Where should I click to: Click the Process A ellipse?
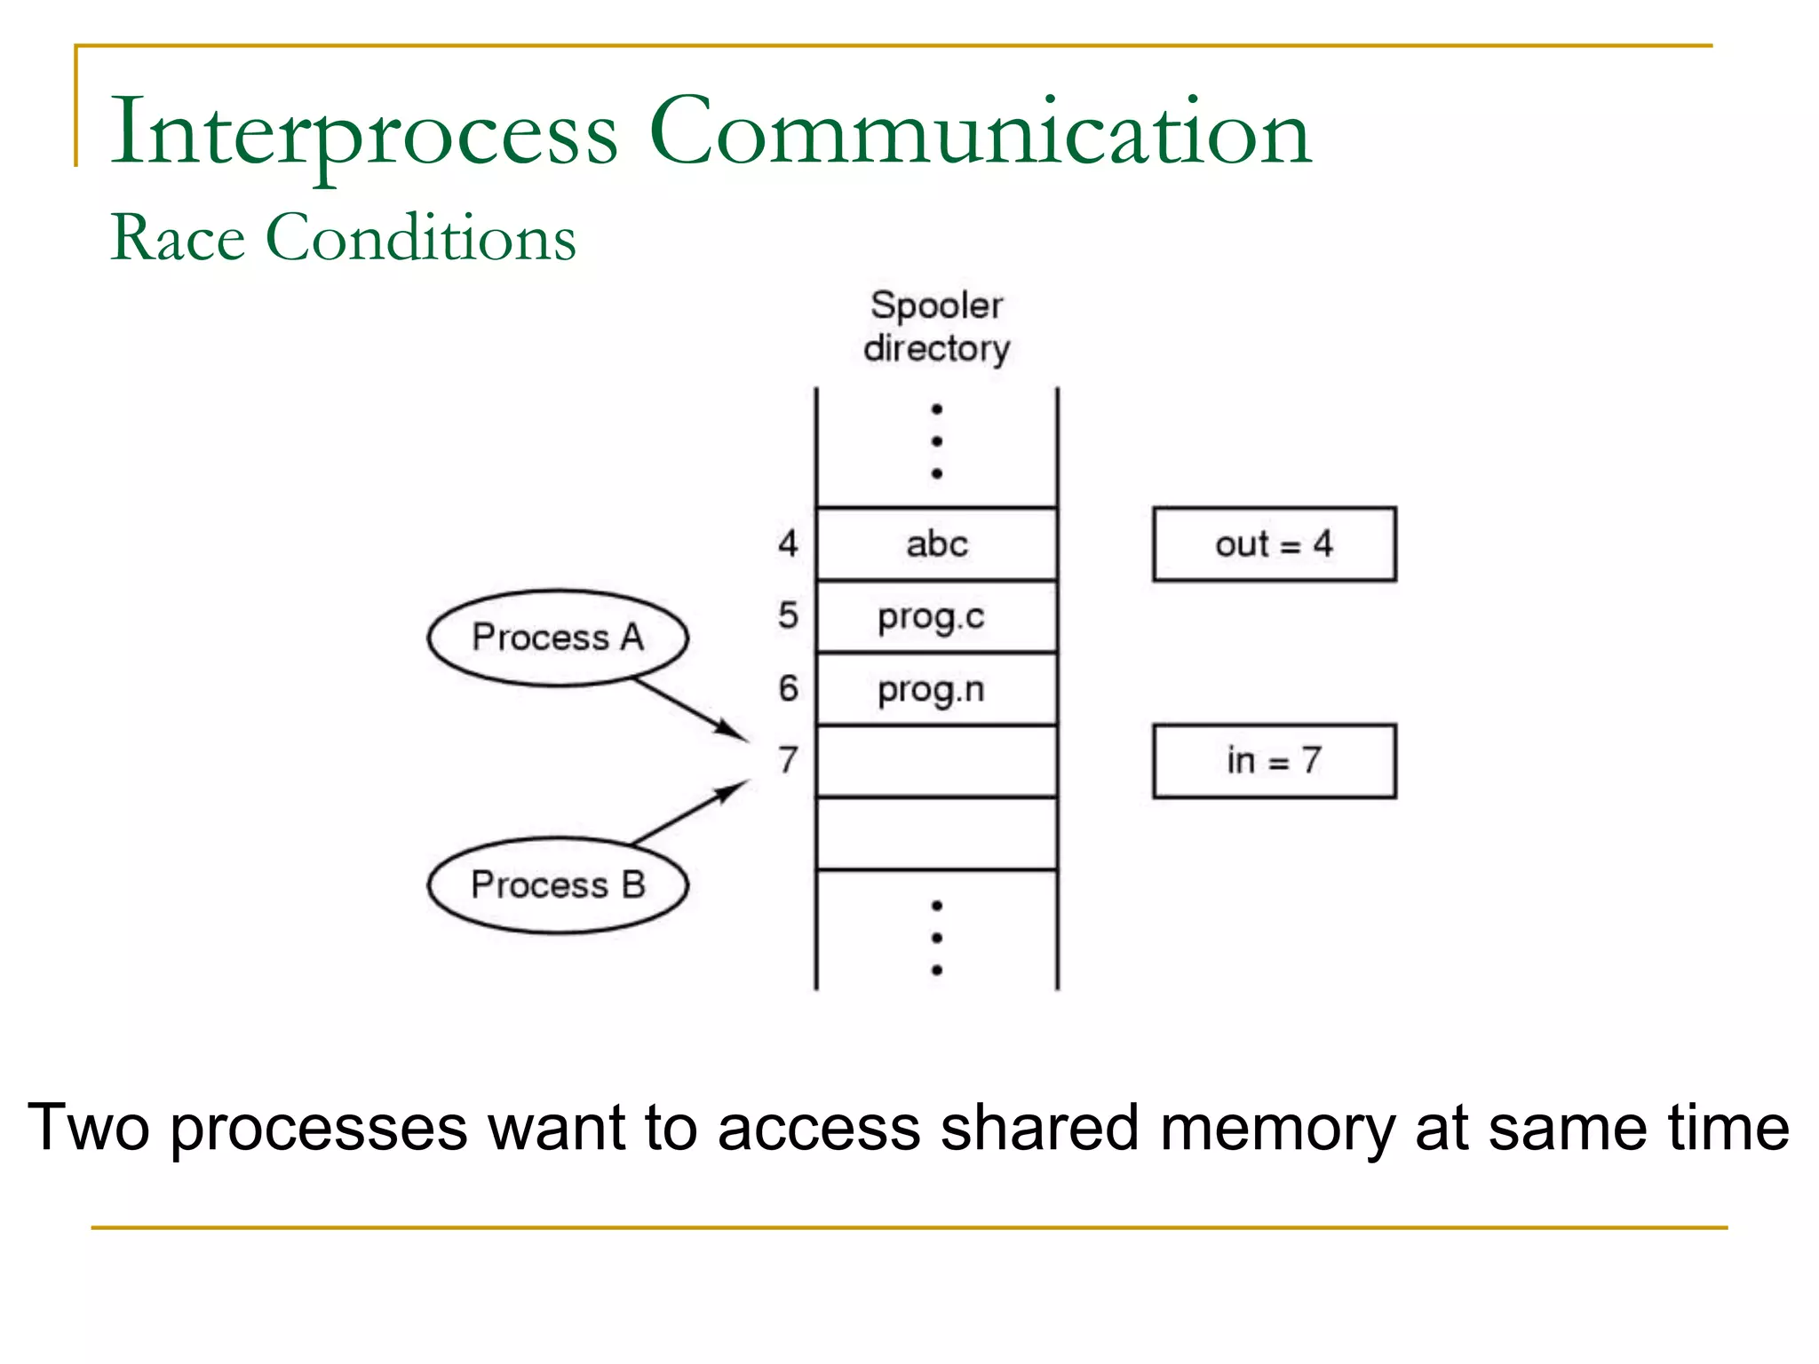click(x=557, y=638)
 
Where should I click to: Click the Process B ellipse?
click(x=557, y=885)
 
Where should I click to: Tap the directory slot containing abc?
click(x=936, y=544)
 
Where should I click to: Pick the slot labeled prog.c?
click(x=936, y=617)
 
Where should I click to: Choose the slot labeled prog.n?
click(x=936, y=689)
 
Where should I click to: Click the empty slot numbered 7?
click(x=936, y=761)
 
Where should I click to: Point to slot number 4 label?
click(x=788, y=543)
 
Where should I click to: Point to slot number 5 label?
click(x=788, y=615)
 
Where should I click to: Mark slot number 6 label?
click(x=788, y=688)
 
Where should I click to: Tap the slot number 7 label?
click(x=788, y=760)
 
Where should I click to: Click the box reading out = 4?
click(x=1274, y=544)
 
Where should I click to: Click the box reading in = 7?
click(x=1274, y=761)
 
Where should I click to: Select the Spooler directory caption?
click(x=936, y=327)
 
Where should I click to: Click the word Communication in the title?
click(x=981, y=133)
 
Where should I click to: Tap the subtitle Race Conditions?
click(x=344, y=238)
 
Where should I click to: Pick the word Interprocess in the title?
click(x=364, y=133)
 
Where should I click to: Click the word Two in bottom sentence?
click(x=88, y=1129)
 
